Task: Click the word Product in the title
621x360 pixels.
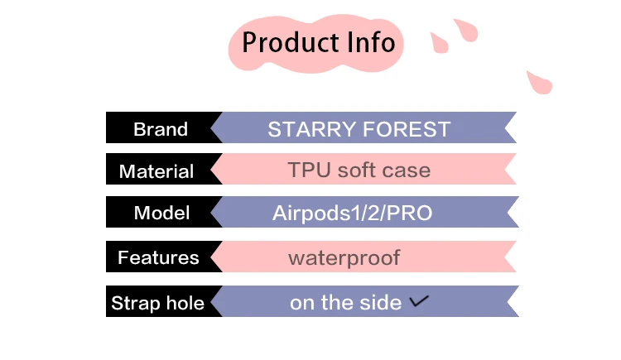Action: tap(291, 42)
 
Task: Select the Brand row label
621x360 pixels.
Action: tap(161, 129)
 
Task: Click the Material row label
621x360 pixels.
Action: tap(156, 171)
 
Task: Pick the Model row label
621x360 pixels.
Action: tap(161, 213)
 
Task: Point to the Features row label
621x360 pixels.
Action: tap(158, 257)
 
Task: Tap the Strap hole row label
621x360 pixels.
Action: tap(157, 303)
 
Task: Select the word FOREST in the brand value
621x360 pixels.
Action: tap(407, 129)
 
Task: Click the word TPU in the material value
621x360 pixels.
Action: tap(310, 170)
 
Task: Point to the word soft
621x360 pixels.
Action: tap(356, 170)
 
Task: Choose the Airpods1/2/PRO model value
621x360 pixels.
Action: tap(352, 213)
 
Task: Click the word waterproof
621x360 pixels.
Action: tap(344, 258)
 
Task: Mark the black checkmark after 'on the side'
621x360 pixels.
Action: tap(419, 301)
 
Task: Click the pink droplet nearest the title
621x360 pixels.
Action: tap(439, 43)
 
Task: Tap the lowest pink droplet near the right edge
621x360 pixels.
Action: tap(539, 83)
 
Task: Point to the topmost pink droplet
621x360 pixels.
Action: tap(466, 30)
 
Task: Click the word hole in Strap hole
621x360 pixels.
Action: tap(185, 303)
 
